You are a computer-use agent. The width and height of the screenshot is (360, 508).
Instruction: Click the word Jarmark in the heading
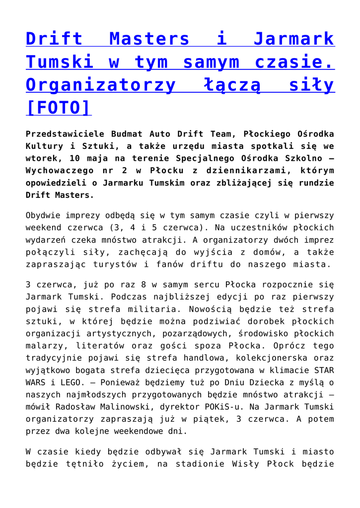(x=293, y=39)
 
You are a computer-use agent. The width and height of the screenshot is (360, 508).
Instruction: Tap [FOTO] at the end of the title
(x=59, y=107)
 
